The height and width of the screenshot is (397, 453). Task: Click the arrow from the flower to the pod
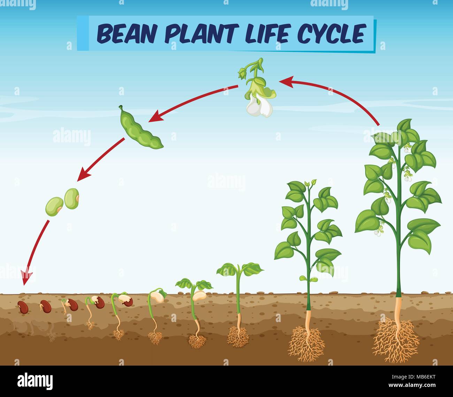[193, 101]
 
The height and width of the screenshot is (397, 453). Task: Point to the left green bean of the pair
[54, 206]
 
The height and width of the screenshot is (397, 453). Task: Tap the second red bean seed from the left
[46, 306]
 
